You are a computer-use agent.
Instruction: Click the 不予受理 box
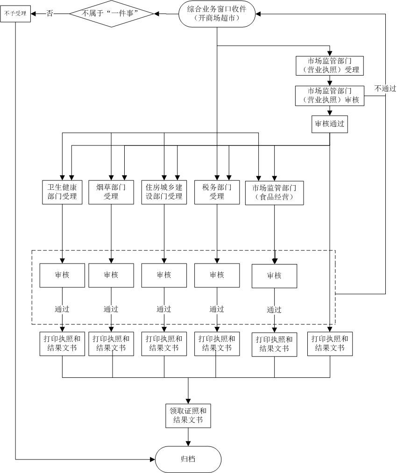(x=15, y=14)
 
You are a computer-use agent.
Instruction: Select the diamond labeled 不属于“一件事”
(x=112, y=14)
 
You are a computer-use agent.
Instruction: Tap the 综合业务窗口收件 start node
(x=217, y=14)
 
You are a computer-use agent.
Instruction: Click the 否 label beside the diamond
(x=50, y=14)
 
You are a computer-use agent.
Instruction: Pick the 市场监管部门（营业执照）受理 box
(x=330, y=66)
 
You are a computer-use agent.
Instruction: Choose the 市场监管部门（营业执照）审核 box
(x=330, y=95)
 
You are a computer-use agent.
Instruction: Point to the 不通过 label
(x=385, y=88)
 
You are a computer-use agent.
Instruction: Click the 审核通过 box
(x=330, y=124)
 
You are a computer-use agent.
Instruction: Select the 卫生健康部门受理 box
(x=62, y=192)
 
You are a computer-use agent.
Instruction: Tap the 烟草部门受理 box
(x=111, y=192)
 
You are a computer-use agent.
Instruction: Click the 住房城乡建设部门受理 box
(x=164, y=192)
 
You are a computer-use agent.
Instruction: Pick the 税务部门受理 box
(x=217, y=192)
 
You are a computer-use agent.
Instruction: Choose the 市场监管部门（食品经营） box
(x=274, y=192)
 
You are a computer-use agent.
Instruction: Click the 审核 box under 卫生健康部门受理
(x=62, y=275)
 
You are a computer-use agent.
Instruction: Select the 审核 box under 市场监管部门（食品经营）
(x=274, y=276)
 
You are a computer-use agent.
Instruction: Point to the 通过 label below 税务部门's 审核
(x=217, y=309)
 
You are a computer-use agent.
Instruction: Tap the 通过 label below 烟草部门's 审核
(x=111, y=309)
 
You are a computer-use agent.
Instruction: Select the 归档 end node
(x=188, y=459)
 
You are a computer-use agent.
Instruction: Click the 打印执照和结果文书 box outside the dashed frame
(x=330, y=343)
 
